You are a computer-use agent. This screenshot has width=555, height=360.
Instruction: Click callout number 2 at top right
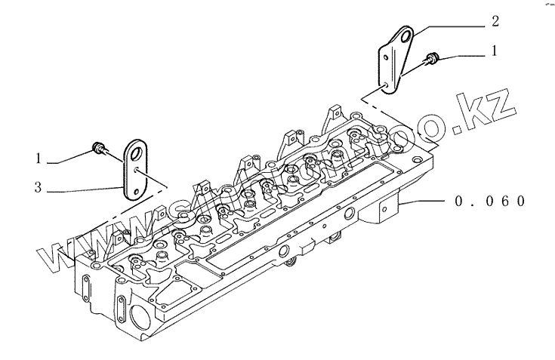click(495, 21)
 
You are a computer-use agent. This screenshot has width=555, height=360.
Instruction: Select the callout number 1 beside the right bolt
click(495, 53)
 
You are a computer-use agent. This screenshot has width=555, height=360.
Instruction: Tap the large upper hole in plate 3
click(137, 152)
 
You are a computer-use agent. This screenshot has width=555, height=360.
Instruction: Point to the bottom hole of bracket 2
click(390, 85)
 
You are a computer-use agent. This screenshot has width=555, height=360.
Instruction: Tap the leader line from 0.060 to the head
click(423, 202)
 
